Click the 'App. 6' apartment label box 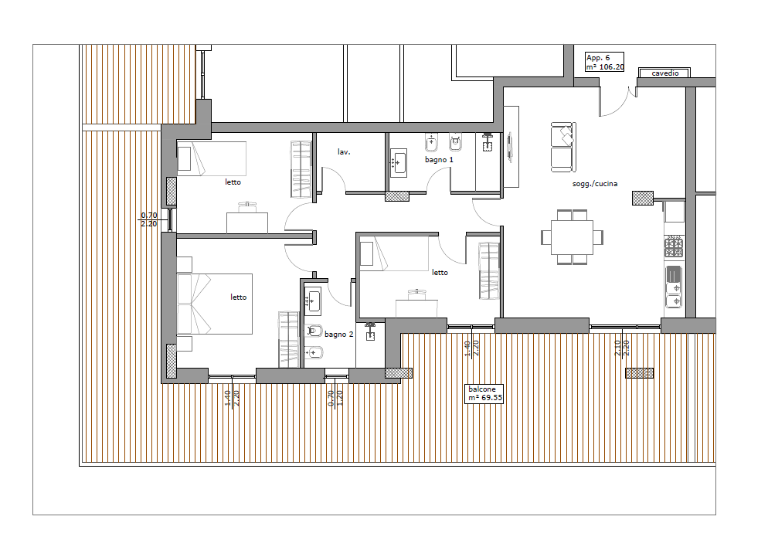(604, 62)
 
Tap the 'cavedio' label (664, 73)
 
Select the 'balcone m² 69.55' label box (484, 394)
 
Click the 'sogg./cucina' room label (595, 184)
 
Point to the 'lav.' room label (344, 152)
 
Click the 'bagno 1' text (439, 160)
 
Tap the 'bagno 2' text (338, 335)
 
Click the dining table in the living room (572, 237)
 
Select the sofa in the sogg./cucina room (563, 148)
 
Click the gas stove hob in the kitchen (674, 246)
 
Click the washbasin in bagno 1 (398, 162)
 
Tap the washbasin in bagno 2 (312, 301)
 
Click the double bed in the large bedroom (215, 304)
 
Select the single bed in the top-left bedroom (212, 158)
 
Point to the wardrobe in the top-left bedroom (301, 169)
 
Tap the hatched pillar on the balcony (639, 373)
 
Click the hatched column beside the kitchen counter (643, 198)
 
